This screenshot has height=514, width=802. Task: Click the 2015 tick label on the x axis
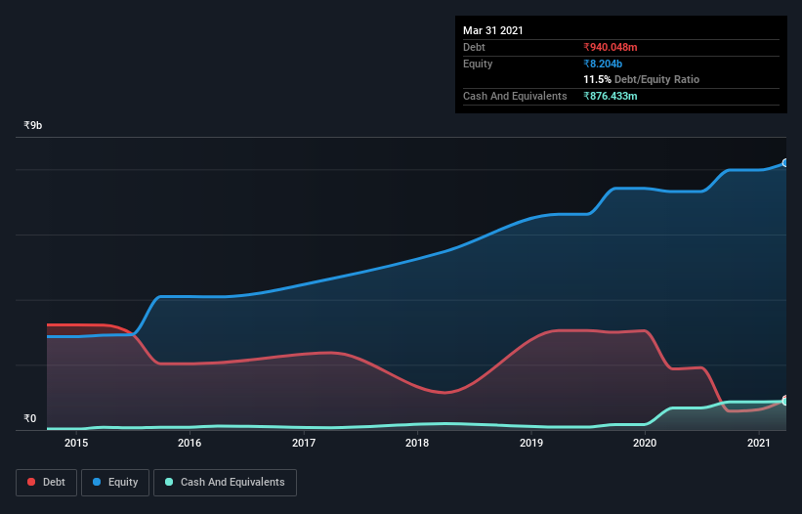[76, 443]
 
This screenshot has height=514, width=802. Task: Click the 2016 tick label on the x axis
[190, 443]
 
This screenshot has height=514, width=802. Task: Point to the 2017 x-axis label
[304, 443]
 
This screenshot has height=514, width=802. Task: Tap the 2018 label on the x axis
[417, 443]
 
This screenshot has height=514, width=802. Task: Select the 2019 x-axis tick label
[531, 443]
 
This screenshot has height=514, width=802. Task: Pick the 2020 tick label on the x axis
[645, 443]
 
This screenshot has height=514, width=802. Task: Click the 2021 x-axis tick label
[759, 443]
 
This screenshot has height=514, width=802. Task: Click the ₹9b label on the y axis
[33, 126]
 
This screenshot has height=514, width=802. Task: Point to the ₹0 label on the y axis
[29, 419]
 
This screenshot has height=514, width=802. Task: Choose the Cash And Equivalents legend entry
[225, 482]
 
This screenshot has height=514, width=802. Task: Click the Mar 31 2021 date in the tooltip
[493, 30]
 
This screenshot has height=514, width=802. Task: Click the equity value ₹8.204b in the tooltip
[603, 64]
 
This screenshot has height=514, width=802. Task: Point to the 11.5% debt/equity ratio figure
[597, 79]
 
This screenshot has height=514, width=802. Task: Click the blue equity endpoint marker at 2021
[784, 163]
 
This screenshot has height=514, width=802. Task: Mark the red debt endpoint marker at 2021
[784, 401]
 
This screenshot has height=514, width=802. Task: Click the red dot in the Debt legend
[32, 482]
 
